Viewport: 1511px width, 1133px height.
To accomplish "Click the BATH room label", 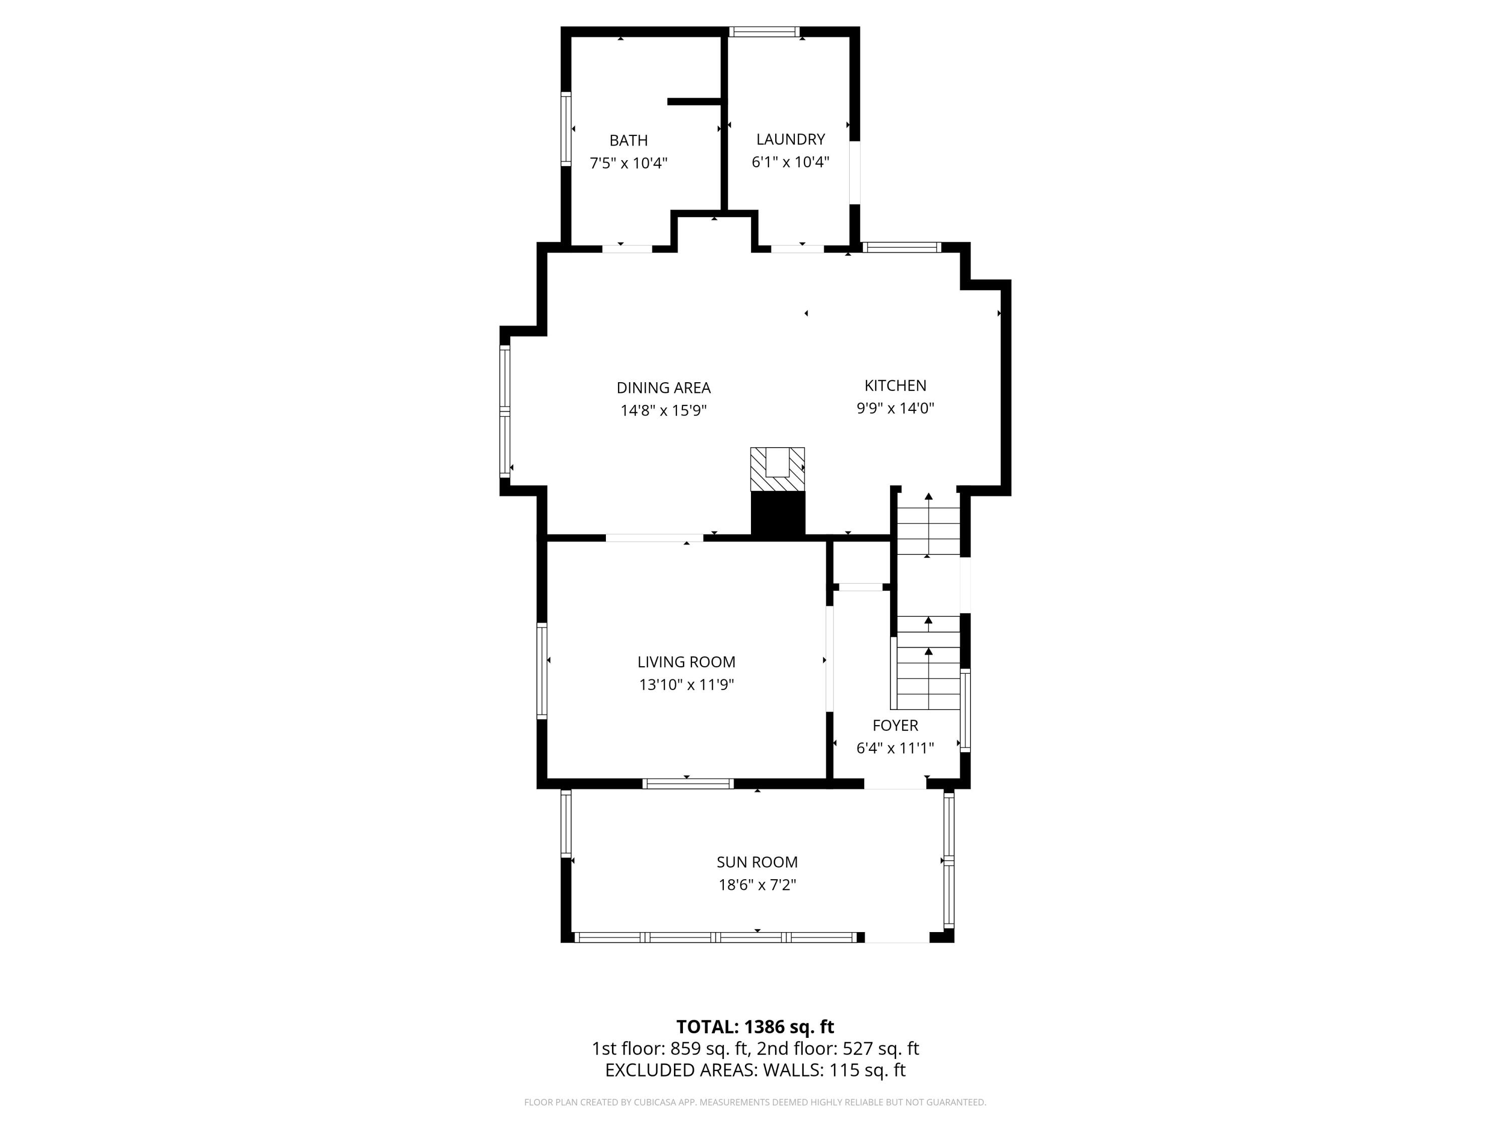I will pyautogui.click(x=629, y=140).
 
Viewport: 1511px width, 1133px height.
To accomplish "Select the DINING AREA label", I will pyautogui.click(x=663, y=388).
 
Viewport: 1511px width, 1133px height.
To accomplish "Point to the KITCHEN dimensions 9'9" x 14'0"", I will pyautogui.click(x=895, y=408).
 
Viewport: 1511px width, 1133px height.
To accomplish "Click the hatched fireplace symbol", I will pyautogui.click(x=777, y=469).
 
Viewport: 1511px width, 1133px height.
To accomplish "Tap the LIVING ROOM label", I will pyautogui.click(x=686, y=662).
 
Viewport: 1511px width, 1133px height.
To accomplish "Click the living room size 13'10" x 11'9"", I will pyautogui.click(x=686, y=684).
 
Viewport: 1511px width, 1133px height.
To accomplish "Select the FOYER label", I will pyautogui.click(x=895, y=725).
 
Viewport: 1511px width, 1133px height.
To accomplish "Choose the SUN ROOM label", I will pyautogui.click(x=757, y=862).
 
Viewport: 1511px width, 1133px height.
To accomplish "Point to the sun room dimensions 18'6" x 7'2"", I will pyautogui.click(x=757, y=885).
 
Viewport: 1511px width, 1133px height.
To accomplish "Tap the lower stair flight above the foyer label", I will pyautogui.click(x=928, y=663).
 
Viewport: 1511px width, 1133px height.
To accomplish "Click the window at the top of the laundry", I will pyautogui.click(x=764, y=31).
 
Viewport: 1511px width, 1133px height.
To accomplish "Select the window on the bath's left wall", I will pyautogui.click(x=566, y=129).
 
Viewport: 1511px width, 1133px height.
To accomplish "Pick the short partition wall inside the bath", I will pyautogui.click(x=694, y=102).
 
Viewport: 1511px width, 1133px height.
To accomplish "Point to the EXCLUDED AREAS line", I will pyautogui.click(x=755, y=1070).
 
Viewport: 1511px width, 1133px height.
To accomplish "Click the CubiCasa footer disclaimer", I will pyautogui.click(x=755, y=1102).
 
